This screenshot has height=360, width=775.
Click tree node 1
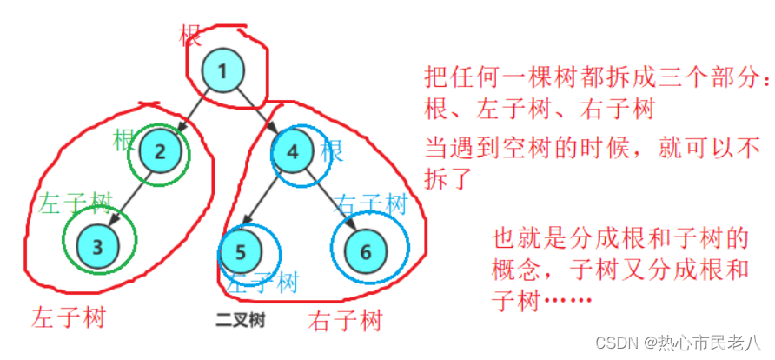pyautogui.click(x=222, y=71)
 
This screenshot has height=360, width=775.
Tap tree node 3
pyautogui.click(x=98, y=245)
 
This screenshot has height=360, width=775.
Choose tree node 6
pyautogui.click(x=365, y=251)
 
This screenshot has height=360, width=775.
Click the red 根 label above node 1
pyautogui.click(x=190, y=36)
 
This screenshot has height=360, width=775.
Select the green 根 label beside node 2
pyautogui.click(x=123, y=139)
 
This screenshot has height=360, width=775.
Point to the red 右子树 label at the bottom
pyautogui.click(x=345, y=321)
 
